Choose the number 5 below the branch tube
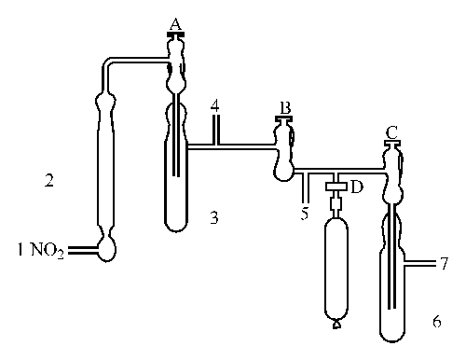pyautogui.click(x=304, y=212)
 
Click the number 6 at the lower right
pyautogui.click(x=436, y=321)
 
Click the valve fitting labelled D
pyautogui.click(x=336, y=187)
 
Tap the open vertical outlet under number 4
pyautogui.click(x=215, y=134)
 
